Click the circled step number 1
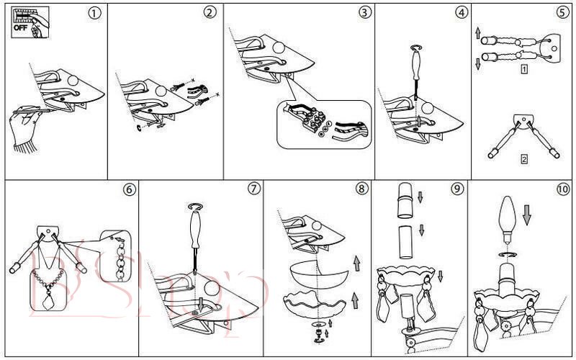(94, 13)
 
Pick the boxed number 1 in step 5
(525, 70)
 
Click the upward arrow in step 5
(476, 33)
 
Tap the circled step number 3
(365, 13)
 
